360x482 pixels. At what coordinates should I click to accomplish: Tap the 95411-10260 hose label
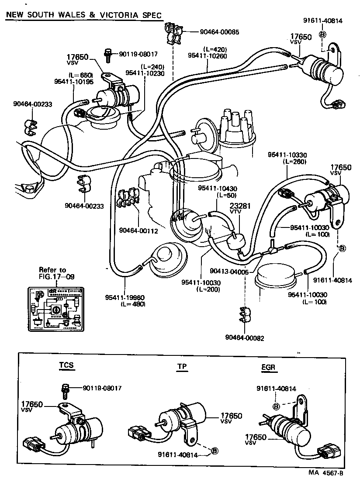(207, 55)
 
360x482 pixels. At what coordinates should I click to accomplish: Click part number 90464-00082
(245, 337)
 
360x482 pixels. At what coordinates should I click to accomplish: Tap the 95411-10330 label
(287, 155)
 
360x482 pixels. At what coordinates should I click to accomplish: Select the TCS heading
(67, 365)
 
